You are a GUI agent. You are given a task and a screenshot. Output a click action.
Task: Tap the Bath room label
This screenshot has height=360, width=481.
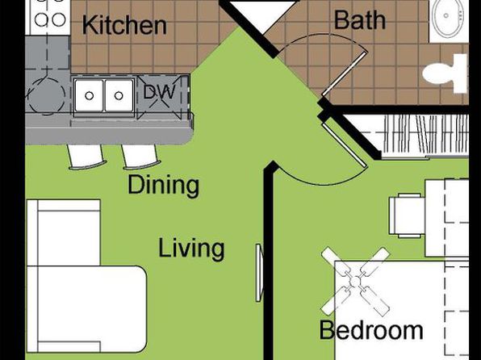tap(359, 20)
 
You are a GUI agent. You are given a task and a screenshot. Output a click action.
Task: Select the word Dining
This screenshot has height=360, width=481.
tap(163, 186)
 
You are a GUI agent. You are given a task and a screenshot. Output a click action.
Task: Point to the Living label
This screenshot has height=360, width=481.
tap(191, 249)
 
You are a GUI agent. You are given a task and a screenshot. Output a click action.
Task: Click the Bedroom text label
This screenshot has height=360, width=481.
tap(371, 330)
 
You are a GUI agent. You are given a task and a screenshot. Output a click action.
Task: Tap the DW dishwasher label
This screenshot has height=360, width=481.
tap(159, 92)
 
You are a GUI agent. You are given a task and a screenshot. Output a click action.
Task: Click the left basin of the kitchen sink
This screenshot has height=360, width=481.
tap(89, 95)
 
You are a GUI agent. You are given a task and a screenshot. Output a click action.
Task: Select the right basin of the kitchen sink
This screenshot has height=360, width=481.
tap(119, 95)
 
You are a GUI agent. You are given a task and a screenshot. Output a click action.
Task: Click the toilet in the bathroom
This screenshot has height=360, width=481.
tap(445, 73)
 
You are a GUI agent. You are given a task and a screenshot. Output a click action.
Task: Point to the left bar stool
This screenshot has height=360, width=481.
tap(86, 157)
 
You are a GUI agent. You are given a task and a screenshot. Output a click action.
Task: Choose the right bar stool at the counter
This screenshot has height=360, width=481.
tap(140, 157)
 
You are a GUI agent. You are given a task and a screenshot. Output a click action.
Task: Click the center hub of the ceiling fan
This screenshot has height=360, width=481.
tap(355, 282)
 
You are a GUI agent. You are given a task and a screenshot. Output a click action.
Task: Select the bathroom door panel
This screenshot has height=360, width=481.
tap(345, 74)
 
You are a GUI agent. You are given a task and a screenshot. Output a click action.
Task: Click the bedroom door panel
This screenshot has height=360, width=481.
tap(345, 145)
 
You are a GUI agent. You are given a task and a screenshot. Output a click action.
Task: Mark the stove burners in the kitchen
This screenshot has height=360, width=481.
tap(50, 16)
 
